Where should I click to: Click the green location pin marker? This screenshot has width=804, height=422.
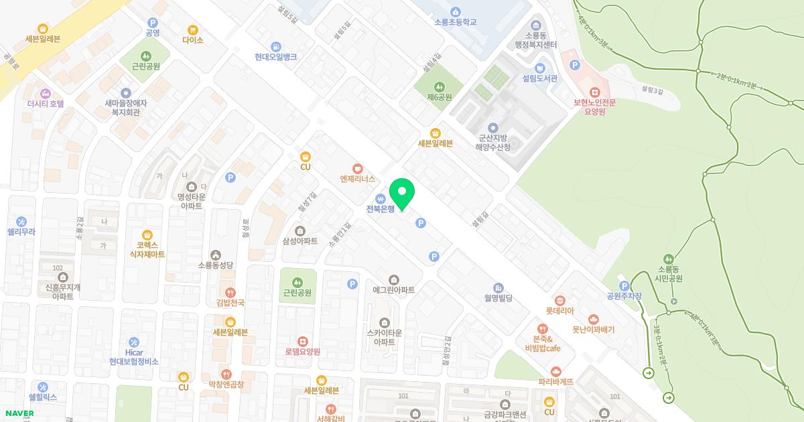coord(402,194)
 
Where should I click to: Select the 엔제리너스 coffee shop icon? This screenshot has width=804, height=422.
coord(357,167)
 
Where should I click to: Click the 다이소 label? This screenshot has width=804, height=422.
coord(192,40)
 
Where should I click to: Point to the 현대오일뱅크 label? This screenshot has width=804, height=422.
coord(275,57)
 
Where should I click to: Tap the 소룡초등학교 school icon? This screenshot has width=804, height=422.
coord(456,11)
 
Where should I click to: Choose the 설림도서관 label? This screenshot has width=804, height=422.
coord(540,78)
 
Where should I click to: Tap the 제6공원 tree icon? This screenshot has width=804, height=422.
coord(440,86)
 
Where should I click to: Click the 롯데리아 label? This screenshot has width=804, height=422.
coord(560,311)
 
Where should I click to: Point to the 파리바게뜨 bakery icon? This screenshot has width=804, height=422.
coord(556,371)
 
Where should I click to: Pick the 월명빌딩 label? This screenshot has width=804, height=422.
coord(498,297)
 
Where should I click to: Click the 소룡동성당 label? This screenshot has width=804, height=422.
coord(215,265)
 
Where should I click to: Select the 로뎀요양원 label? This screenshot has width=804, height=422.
coord(303,352)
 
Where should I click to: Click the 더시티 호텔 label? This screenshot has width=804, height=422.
coord(46,104)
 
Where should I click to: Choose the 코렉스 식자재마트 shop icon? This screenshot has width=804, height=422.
coord(147,234)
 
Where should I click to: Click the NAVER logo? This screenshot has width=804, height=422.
coord(18,413)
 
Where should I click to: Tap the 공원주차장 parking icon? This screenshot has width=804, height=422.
coord(624,286)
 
